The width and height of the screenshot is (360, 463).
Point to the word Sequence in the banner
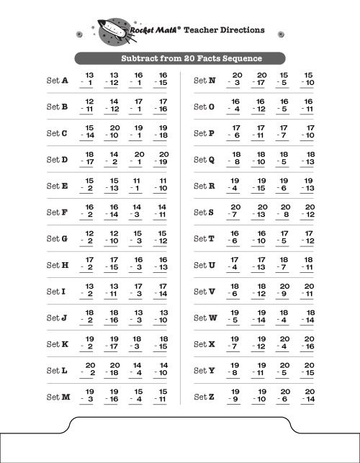click(x=238, y=58)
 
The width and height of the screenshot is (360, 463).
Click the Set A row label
click(x=57, y=81)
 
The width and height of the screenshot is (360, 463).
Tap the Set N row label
click(x=204, y=81)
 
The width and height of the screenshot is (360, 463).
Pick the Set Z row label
click(x=204, y=397)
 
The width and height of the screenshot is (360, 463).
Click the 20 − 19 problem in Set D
click(x=162, y=159)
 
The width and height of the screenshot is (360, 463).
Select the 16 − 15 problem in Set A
click(x=162, y=80)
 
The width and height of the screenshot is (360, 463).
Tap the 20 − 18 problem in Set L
click(x=113, y=370)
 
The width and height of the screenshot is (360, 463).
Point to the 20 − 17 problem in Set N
click(x=260, y=80)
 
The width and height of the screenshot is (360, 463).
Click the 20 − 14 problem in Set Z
click(x=308, y=396)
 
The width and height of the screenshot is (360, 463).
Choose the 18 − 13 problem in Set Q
click(x=308, y=159)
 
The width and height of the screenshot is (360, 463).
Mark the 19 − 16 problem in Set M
click(x=113, y=396)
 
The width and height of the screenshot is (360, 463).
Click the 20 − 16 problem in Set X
click(x=308, y=343)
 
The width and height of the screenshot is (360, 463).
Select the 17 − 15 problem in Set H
click(x=113, y=264)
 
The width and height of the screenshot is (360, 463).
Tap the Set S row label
click(x=204, y=212)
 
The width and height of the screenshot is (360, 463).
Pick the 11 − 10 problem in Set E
click(x=162, y=185)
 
